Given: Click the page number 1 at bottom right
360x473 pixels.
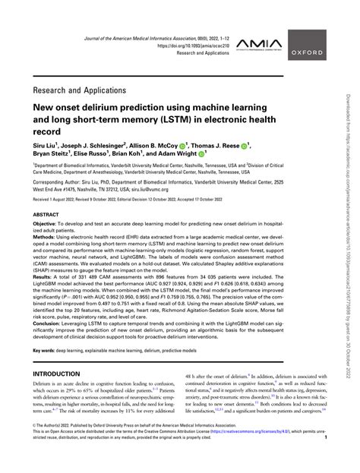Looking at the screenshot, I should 346,459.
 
